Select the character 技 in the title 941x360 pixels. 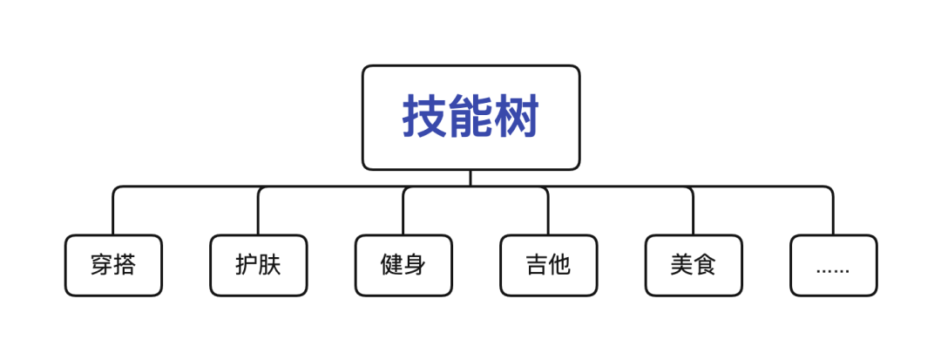coord(425,117)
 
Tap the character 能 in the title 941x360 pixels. coord(471,117)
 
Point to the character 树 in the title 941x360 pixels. coord(518,117)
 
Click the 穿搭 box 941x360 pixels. coord(113,265)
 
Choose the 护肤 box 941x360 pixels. coord(259,265)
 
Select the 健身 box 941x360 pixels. coord(403,265)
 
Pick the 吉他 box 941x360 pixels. coord(549,265)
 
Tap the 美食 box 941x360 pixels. coord(694,265)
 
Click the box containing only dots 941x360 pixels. coord(833,265)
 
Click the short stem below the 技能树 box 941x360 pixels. coord(470,178)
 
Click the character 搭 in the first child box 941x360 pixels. coord(125,265)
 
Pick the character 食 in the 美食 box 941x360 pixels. coord(705,265)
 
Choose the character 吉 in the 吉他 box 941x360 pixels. coord(537,265)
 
